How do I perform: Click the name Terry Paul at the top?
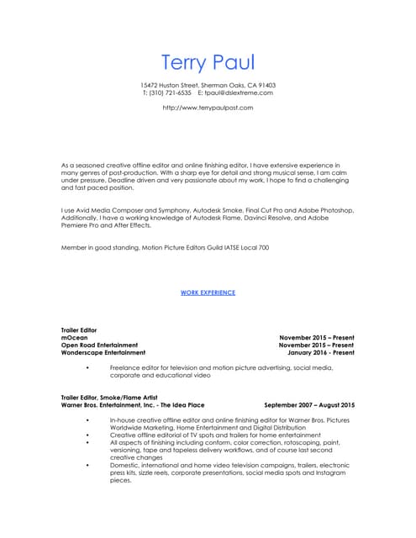click(207, 63)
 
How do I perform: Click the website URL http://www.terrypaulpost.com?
click(208, 108)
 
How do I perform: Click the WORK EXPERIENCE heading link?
click(208, 293)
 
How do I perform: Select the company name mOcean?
click(72, 337)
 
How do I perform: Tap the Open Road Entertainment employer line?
click(99, 345)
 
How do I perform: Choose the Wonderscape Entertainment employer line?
click(103, 352)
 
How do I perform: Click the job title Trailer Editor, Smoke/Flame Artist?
click(114, 398)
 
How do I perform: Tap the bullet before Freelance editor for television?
click(88, 368)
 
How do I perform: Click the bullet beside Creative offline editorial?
click(88, 434)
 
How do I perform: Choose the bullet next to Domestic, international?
click(88, 464)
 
